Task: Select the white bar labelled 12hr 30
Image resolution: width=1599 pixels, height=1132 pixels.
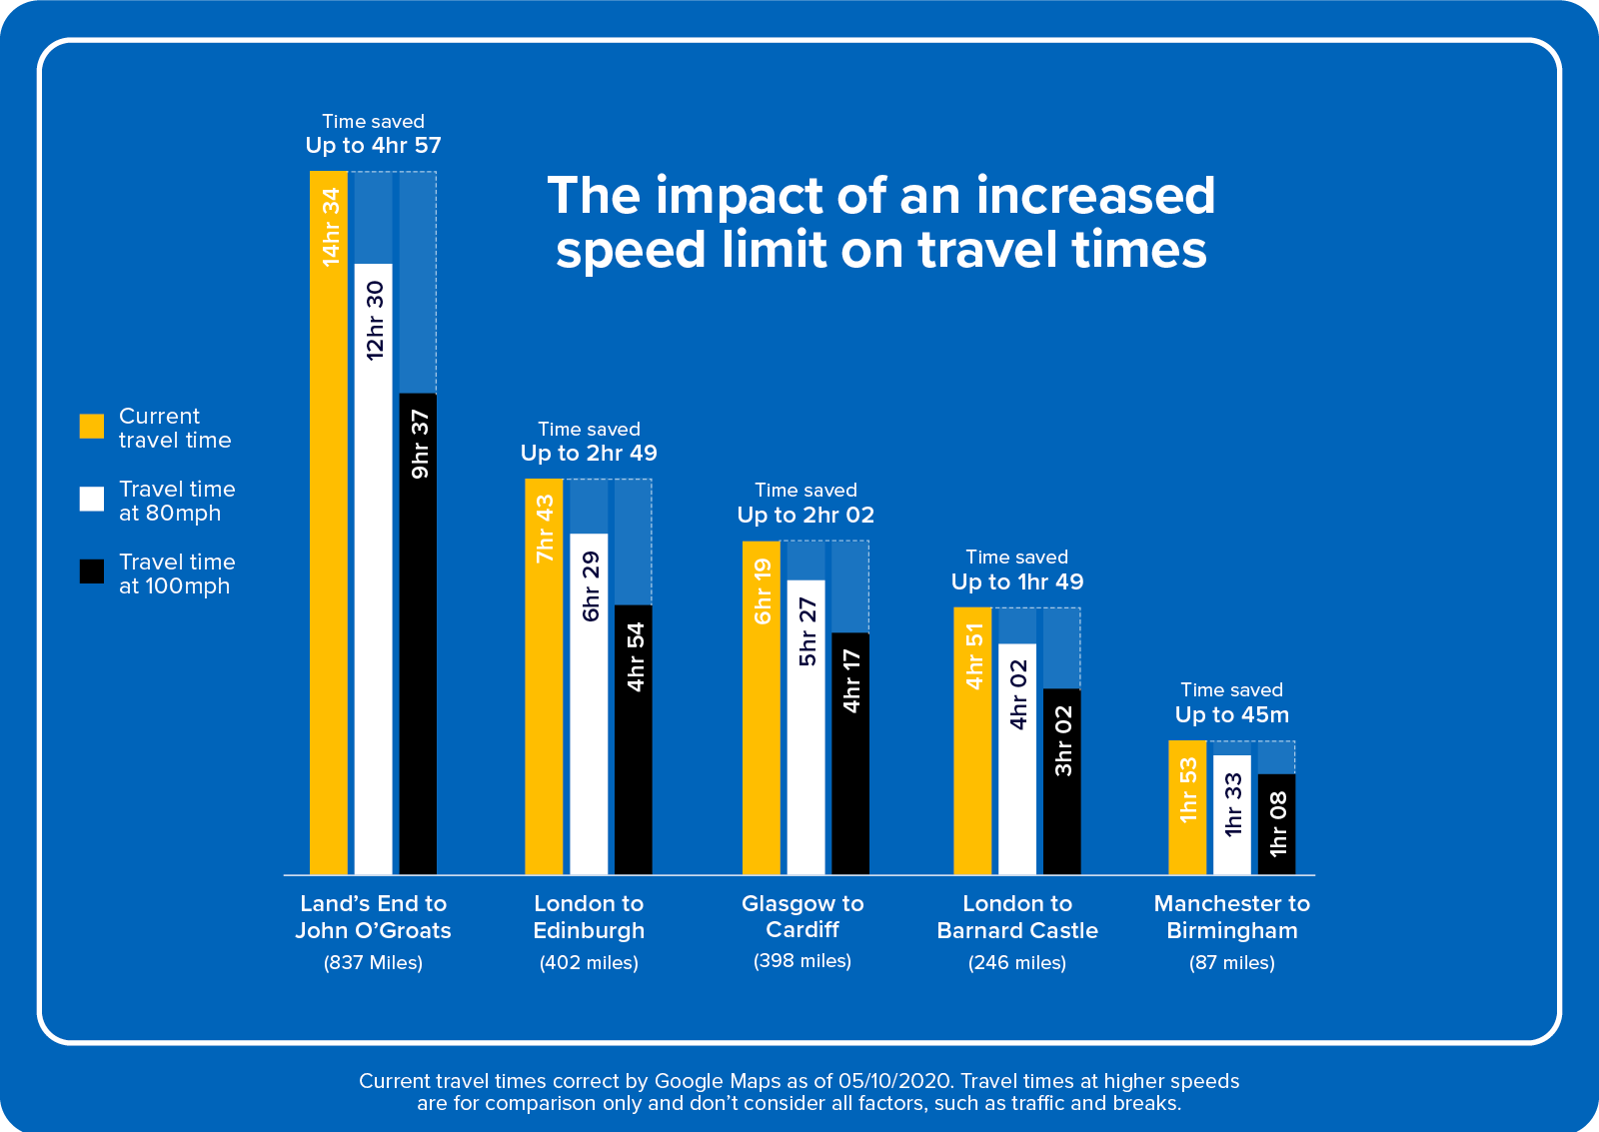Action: [374, 568]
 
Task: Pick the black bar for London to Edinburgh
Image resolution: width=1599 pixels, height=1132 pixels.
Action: [634, 739]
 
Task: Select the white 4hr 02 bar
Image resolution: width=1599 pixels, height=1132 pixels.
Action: [1017, 759]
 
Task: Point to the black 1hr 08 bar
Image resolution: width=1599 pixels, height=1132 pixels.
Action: [1276, 824]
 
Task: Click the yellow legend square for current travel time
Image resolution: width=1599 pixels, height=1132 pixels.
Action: [92, 427]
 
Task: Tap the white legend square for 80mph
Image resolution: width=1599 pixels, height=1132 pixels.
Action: [92, 500]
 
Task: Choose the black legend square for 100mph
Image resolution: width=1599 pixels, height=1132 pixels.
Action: [92, 571]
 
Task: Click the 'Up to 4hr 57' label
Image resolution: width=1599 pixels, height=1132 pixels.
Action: [373, 146]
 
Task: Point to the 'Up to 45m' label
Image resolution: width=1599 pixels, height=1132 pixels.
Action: [1231, 715]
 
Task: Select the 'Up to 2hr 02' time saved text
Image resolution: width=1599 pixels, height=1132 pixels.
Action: [805, 516]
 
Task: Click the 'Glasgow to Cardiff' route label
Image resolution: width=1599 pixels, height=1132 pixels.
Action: [802, 917]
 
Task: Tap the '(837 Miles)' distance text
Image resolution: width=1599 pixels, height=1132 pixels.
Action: [373, 963]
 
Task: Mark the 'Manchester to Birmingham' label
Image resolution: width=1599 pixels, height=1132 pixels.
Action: [1231, 917]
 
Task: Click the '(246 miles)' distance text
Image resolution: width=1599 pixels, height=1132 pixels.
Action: [1016, 963]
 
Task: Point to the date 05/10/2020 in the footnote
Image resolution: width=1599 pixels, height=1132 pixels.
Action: [894, 1081]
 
